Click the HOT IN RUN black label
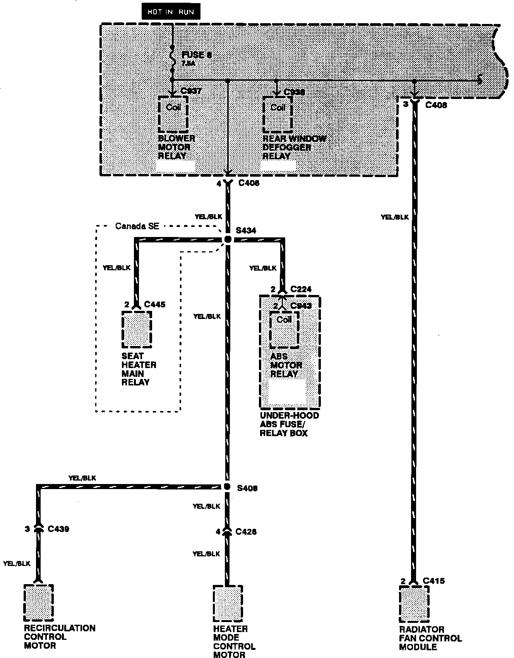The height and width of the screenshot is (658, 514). pos(171,12)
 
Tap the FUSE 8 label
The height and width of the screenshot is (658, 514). pos(197,55)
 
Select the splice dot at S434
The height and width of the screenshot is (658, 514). pos(228,240)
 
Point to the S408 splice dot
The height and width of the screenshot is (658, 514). pos(227,487)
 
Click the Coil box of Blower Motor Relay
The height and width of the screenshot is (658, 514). pos(173,114)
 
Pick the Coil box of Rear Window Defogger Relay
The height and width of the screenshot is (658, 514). pos(278,114)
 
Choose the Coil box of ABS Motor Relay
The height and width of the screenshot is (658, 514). pos(284,329)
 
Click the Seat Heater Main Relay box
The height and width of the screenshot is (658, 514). pos(137,329)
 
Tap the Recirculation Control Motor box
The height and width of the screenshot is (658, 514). pos(38,602)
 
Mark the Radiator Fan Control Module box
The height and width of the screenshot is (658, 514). pos(414,603)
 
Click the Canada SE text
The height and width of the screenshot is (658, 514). pos(137,226)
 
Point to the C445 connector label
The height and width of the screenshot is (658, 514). pos(154,305)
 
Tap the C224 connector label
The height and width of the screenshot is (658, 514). pos(301,290)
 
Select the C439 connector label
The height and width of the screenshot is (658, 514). pos(58,529)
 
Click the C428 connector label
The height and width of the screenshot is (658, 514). pos(246,532)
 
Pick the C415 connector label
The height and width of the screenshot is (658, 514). pos(434,581)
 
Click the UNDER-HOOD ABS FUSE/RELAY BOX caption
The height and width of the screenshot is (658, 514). pos(290,424)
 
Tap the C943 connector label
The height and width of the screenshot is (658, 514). pos(301,306)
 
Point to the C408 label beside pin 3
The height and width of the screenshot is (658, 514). pos(436,105)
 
